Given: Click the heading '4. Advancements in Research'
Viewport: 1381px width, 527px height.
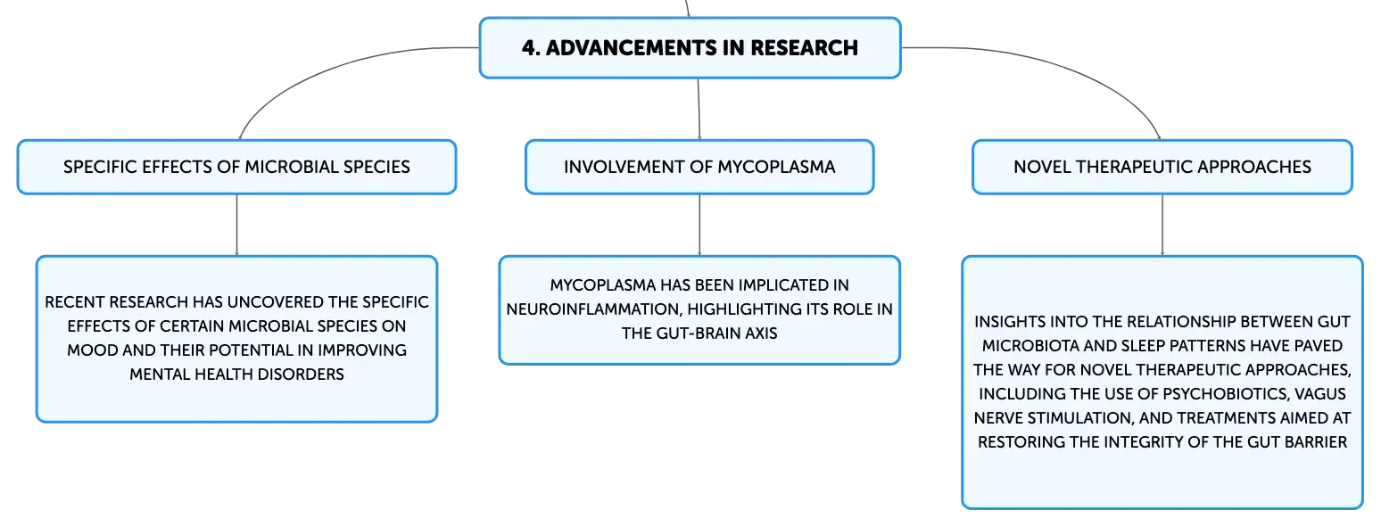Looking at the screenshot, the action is pyautogui.click(x=690, y=48).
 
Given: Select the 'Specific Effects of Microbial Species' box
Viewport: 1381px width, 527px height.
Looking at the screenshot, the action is pyautogui.click(x=236, y=167).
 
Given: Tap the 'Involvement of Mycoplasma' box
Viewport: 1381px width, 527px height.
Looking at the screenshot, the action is pyautogui.click(x=699, y=167).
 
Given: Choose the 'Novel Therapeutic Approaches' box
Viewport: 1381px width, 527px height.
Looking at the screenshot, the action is pyautogui.click(x=1162, y=167).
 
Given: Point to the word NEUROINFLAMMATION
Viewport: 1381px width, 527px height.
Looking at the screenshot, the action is pyautogui.click(x=592, y=309).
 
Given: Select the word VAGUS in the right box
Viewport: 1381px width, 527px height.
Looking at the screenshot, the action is pyautogui.click(x=1320, y=394).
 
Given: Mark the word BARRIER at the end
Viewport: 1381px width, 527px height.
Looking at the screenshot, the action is pyautogui.click(x=1316, y=442).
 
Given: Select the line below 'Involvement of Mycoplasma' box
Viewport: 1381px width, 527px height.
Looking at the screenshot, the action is pyautogui.click(x=699, y=225).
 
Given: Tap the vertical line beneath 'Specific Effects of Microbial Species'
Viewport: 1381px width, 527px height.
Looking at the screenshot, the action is pyautogui.click(x=236, y=225).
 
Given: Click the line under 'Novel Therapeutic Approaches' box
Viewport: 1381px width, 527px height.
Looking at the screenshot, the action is pyautogui.click(x=1162, y=225).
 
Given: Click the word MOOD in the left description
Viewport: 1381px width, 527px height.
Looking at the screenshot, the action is pyautogui.click(x=93, y=350).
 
